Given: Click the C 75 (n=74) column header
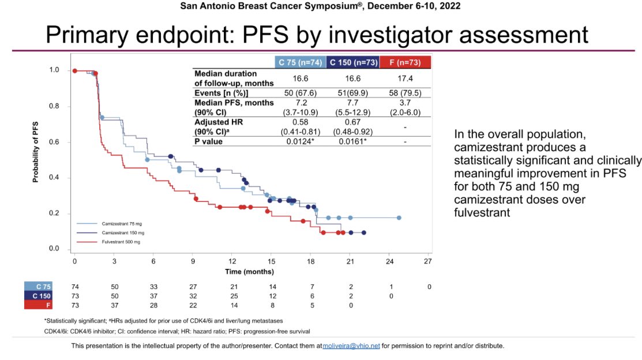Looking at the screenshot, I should pos(299,62).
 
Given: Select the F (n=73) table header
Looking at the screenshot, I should pos(404,62).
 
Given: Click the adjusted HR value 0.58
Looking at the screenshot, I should pos(299,122).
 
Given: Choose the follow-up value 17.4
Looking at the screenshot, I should pos(404,78).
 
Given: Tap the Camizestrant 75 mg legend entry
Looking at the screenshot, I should pos(120,222).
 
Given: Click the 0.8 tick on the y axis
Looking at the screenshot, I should pos(54,106).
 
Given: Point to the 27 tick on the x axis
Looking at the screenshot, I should pos(428,261).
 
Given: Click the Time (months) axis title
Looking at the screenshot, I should pos(250,271).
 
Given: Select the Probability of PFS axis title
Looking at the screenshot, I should pos(35,153).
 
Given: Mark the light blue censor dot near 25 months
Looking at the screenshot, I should pos(399,218).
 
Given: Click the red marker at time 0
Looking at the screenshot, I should pos(74,71).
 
